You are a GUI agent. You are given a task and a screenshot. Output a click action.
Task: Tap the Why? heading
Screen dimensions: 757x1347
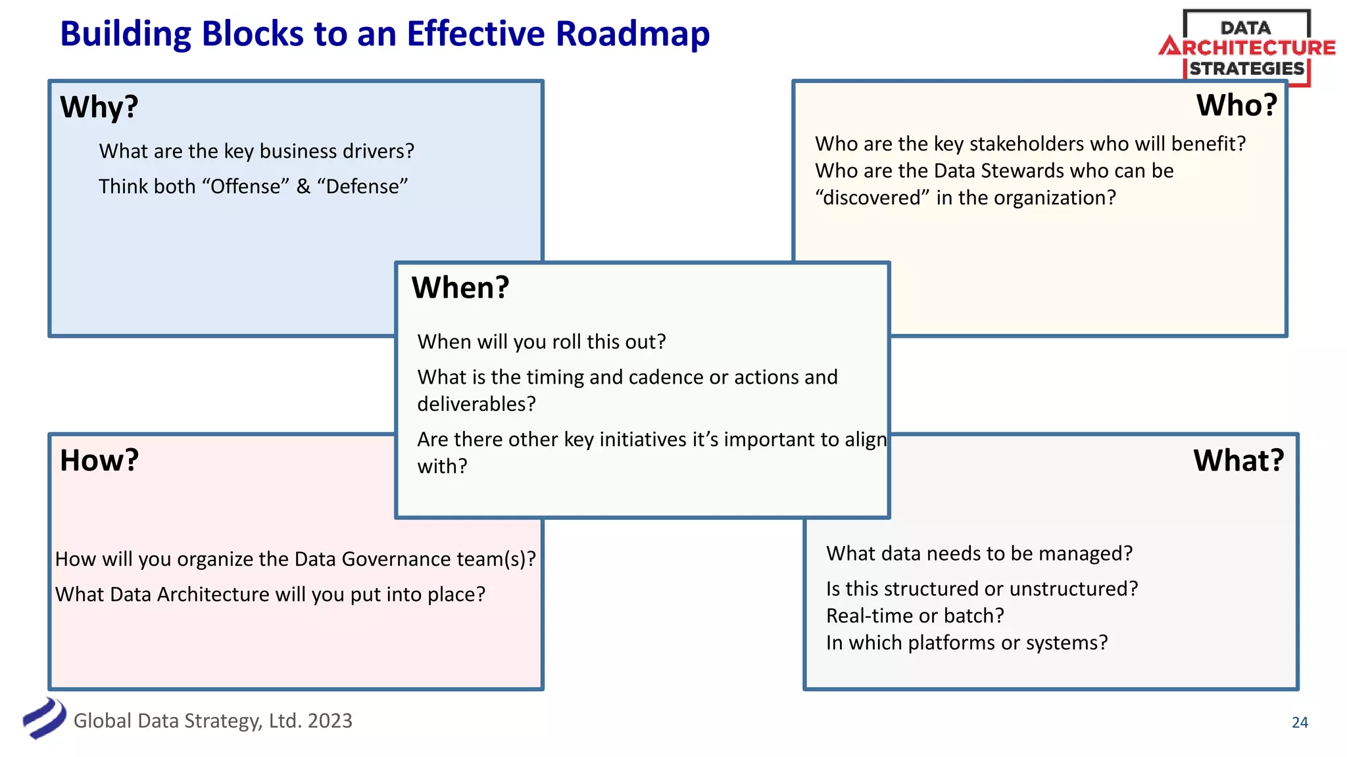click(x=99, y=106)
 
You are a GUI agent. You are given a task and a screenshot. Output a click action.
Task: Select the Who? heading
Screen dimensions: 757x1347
click(x=1236, y=105)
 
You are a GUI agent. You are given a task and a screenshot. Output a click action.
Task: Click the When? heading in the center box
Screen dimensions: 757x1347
click(x=460, y=288)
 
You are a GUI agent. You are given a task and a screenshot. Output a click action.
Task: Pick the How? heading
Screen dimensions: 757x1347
click(x=99, y=460)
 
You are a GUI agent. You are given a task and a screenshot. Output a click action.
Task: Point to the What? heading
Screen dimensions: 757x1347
click(x=1238, y=460)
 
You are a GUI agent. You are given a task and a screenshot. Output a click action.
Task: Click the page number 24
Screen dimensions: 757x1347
click(x=1300, y=722)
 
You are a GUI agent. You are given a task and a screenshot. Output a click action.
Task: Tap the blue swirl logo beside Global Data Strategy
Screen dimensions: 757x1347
click(x=44, y=718)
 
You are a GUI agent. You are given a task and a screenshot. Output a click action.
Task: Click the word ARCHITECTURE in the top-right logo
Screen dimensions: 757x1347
click(x=1254, y=48)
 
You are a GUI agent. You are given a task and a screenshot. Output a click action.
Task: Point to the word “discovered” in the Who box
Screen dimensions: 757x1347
click(x=872, y=198)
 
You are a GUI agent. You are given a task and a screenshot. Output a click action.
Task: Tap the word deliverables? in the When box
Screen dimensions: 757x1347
click(x=476, y=404)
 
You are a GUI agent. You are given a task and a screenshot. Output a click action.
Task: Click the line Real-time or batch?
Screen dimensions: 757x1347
click(x=915, y=616)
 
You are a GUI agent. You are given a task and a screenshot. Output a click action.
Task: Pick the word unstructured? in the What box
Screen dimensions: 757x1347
click(x=1073, y=589)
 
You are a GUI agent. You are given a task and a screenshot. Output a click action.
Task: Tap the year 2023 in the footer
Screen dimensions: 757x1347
click(x=330, y=721)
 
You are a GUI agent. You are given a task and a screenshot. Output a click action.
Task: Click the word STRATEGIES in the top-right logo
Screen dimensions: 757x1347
click(x=1246, y=69)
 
